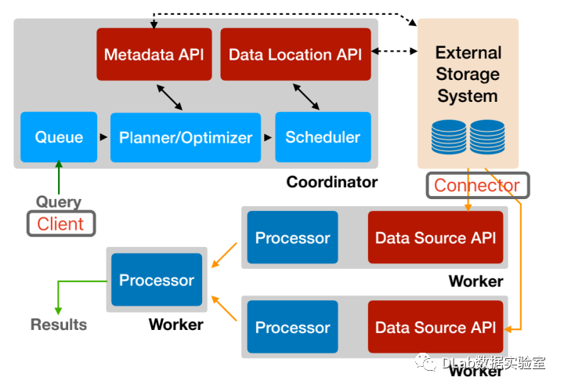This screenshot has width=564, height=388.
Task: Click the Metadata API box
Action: (154, 54)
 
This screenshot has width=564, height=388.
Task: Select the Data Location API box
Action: (295, 54)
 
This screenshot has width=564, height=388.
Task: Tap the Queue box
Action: (59, 137)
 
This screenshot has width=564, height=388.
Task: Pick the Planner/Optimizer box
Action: (186, 138)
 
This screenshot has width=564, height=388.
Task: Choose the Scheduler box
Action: (322, 137)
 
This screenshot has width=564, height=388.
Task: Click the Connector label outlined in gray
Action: (477, 186)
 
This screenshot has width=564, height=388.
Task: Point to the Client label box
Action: (60, 223)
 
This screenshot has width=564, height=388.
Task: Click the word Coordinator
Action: (331, 182)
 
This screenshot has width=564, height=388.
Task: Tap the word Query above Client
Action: (58, 202)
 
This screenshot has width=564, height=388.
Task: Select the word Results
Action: (59, 324)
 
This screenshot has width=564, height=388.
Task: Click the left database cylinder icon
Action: (449, 136)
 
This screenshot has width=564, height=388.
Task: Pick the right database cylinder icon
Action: (487, 136)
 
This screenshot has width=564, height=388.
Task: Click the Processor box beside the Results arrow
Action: (157, 280)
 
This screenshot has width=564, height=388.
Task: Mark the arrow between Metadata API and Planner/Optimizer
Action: (172, 98)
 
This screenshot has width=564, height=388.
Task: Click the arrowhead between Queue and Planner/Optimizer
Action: (103, 138)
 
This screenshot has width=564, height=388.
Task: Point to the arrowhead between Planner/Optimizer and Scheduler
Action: (268, 138)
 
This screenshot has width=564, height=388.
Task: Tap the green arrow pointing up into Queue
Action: (58, 176)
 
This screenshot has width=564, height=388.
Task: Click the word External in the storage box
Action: (468, 53)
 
